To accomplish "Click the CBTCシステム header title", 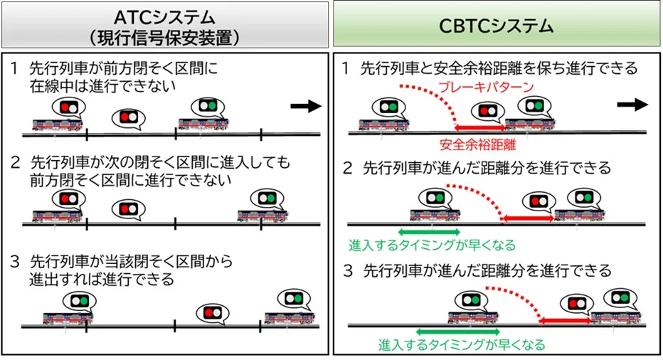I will pos(495,26).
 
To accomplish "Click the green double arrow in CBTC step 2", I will pos(429,231).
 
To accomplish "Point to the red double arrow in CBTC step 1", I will pos(479,127).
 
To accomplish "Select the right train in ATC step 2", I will pos(262,216).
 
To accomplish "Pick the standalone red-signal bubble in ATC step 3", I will pos(213,312).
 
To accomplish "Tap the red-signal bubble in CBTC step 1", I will pos(487,112).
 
